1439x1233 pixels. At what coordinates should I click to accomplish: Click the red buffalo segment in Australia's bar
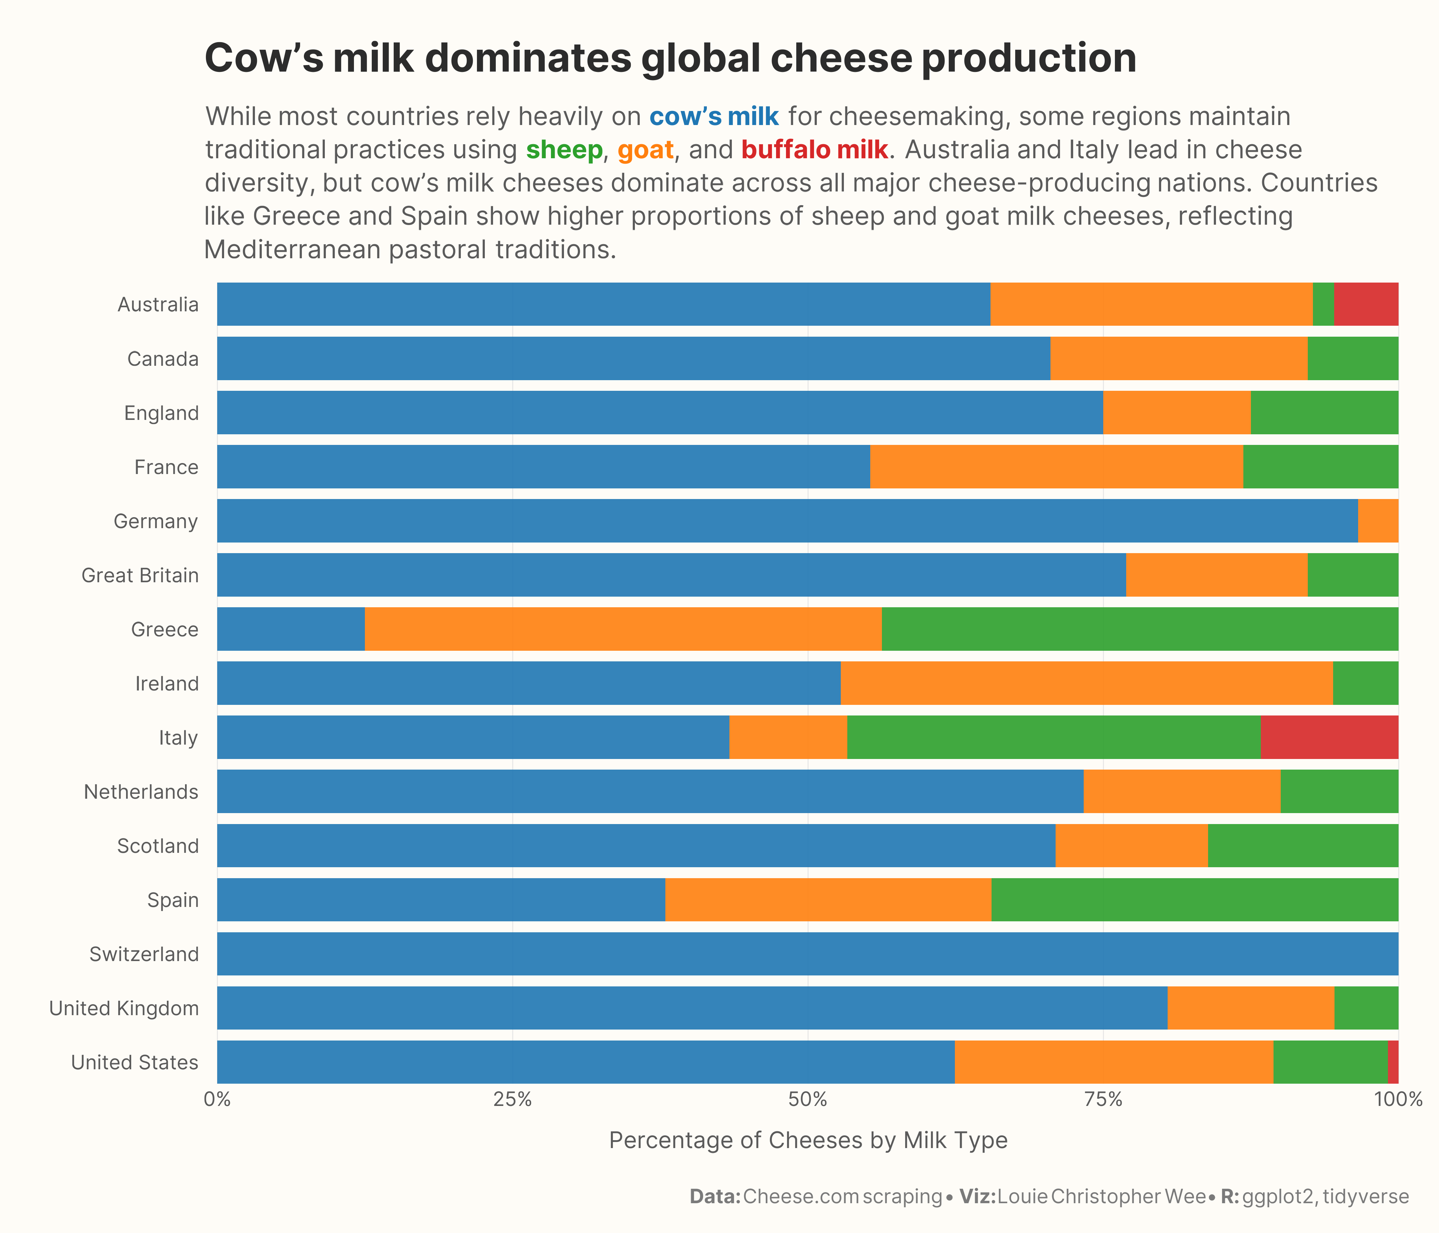click(1366, 304)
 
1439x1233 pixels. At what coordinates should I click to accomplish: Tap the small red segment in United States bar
click(1393, 1062)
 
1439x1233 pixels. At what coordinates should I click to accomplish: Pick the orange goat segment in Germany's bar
click(1378, 521)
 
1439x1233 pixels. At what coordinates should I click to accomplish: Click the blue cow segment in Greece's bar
click(290, 629)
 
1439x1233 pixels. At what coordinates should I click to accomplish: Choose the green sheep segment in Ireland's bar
click(1365, 683)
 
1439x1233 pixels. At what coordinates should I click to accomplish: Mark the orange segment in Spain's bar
click(828, 900)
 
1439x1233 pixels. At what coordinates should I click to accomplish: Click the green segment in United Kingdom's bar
click(1366, 1008)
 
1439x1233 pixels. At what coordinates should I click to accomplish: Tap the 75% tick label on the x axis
click(1104, 1100)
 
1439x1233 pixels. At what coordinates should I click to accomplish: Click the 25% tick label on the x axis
click(513, 1100)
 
